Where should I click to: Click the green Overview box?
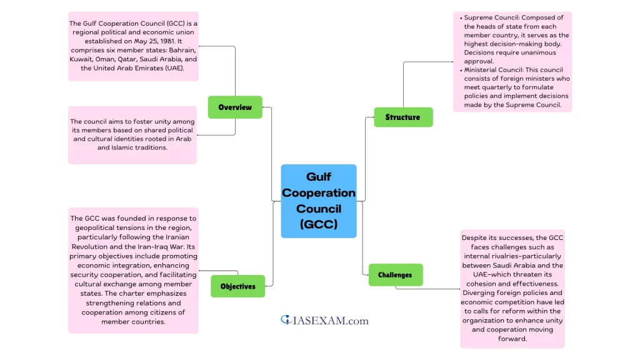tap(235, 107)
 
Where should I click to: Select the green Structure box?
tap(403, 117)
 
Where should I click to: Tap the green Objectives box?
tap(238, 286)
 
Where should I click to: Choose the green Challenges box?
tap(395, 274)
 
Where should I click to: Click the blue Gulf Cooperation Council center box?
tap(319, 201)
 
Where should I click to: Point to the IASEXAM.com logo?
tap(324, 321)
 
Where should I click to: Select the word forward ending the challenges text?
tap(512, 339)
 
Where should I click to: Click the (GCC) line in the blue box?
tap(319, 224)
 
